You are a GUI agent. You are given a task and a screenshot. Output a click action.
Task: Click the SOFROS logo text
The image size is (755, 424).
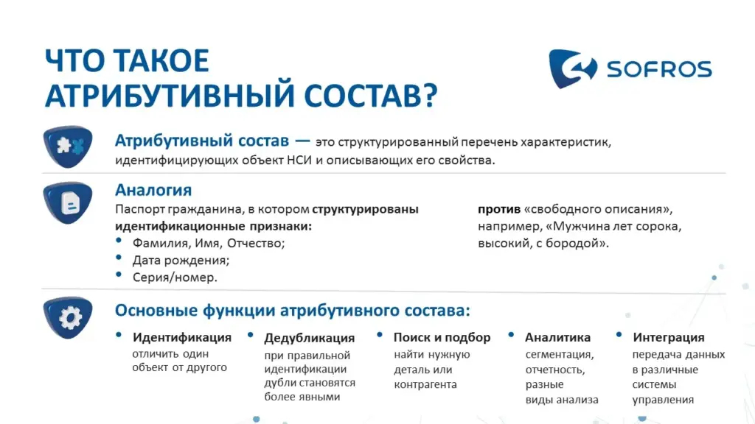(x=658, y=69)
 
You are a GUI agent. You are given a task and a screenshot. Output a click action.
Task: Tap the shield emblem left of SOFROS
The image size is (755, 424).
(x=572, y=68)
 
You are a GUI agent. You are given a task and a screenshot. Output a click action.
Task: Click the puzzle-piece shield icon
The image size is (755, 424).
(x=68, y=146)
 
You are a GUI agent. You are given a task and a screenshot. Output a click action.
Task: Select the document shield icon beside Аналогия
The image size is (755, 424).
(x=68, y=202)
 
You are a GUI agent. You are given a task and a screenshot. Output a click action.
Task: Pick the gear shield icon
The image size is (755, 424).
(x=68, y=317)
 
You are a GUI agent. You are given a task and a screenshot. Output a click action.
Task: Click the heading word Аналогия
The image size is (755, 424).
(x=153, y=190)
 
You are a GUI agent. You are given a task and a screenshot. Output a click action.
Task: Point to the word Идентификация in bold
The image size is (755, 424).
(x=182, y=337)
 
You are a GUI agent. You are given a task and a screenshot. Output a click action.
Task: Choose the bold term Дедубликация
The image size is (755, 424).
(x=309, y=339)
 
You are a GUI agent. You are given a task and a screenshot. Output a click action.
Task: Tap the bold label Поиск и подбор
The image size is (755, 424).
(x=442, y=337)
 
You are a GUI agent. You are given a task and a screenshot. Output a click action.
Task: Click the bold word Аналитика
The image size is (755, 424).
(x=557, y=337)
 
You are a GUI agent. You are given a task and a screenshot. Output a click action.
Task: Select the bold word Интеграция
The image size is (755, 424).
(x=668, y=337)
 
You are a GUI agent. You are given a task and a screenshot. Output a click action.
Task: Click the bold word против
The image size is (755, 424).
(x=499, y=210)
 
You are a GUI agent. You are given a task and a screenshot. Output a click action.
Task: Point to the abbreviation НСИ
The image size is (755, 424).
(x=299, y=160)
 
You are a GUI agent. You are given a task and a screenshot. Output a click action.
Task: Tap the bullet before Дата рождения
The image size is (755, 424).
(x=119, y=258)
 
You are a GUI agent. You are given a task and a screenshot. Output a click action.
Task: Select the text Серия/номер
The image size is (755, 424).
(x=175, y=278)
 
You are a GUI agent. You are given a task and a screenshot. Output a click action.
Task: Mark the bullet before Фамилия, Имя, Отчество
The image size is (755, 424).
(x=119, y=241)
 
